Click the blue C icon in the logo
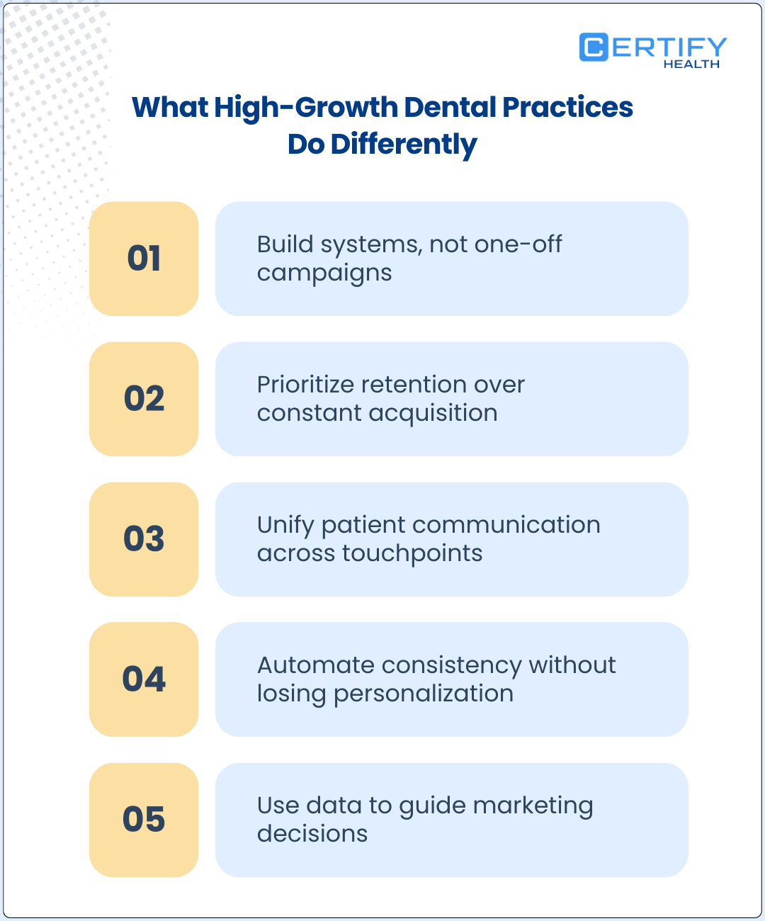tap(594, 47)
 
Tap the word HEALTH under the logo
tap(691, 64)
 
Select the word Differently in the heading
tap(404, 145)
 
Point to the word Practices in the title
tap(568, 107)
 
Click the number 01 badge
tap(144, 259)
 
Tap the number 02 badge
tap(144, 399)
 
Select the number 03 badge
tap(144, 539)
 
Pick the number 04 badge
tap(144, 679)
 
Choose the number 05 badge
tap(144, 820)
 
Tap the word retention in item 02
tap(414, 384)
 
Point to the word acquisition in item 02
tap(433, 414)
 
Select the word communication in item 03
tap(506, 525)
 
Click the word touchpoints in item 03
tap(412, 554)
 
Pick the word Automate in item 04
tap(316, 665)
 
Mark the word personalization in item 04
tap(424, 694)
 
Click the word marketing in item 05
tap(533, 806)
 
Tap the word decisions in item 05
tap(312, 834)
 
